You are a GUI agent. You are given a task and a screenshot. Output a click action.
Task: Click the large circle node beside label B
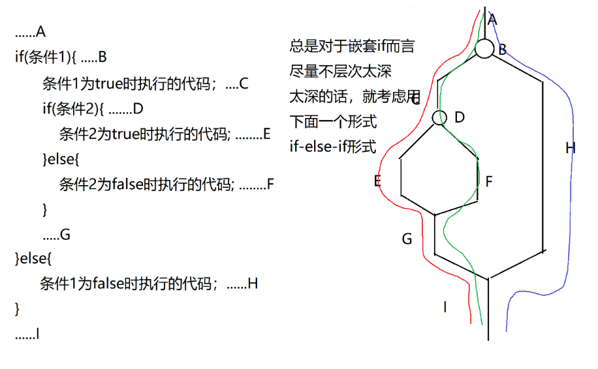click(484, 49)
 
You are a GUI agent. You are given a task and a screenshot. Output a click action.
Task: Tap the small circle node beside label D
click(439, 117)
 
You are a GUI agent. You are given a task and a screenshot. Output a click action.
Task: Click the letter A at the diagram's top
click(492, 20)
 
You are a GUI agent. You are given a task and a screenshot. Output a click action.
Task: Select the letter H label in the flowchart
click(570, 149)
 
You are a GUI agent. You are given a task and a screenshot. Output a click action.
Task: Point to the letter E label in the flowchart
click(377, 181)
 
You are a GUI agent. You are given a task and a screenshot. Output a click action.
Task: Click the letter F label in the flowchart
click(488, 181)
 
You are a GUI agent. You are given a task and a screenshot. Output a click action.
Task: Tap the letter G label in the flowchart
click(407, 239)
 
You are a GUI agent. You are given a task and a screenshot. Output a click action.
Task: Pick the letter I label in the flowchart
click(445, 306)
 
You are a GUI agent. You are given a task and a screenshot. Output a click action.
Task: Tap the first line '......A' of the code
click(30, 32)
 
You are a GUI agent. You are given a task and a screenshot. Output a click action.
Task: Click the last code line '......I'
click(27, 334)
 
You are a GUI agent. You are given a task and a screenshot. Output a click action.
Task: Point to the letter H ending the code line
click(253, 284)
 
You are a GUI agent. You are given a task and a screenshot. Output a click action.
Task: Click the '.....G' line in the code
click(55, 235)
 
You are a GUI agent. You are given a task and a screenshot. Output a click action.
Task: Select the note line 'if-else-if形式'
click(333, 147)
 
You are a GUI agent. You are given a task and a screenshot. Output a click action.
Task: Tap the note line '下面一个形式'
click(333, 122)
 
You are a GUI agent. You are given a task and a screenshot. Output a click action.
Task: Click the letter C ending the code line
click(244, 83)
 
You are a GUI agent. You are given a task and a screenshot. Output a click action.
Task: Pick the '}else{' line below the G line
click(32, 258)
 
